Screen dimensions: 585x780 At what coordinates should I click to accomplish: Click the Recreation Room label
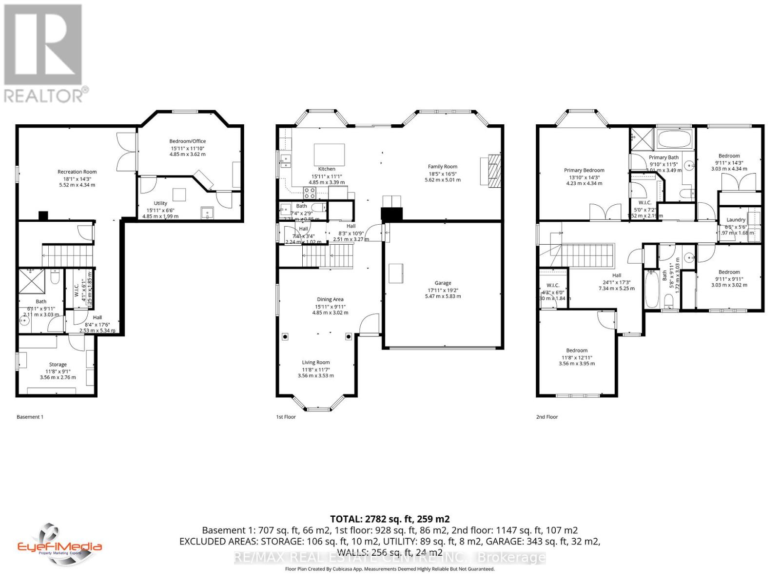pos(77,172)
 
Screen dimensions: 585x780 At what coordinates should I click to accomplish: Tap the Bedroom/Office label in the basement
pos(188,141)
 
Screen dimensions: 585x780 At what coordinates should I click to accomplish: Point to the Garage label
pos(443,283)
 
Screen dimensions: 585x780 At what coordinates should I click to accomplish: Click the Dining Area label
pos(330,299)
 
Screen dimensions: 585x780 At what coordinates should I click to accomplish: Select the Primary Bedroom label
pos(584,170)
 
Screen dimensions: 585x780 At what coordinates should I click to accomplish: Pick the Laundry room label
pos(736,220)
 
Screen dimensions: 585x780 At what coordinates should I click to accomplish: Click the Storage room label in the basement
pos(58,365)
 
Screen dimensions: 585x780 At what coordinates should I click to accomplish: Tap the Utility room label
pos(160,203)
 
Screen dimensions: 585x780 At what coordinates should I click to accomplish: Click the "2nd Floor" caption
pos(547,417)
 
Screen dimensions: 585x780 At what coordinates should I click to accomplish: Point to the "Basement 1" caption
pos(30,417)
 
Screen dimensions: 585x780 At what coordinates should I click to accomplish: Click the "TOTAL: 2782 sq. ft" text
pos(390,519)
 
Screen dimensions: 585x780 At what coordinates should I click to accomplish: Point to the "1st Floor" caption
pos(286,417)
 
